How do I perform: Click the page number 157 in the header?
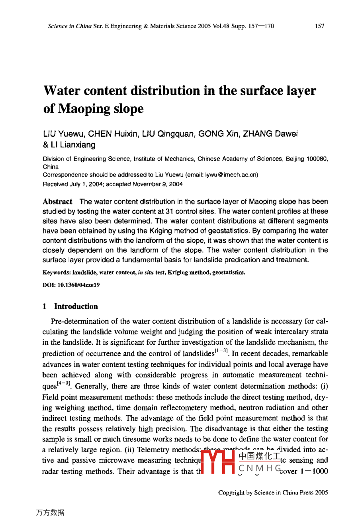(319, 26)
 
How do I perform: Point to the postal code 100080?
(317, 159)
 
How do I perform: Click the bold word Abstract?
(57, 202)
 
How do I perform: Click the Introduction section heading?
(76, 306)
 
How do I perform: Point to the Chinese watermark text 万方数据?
(50, 513)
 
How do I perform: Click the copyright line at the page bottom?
(273, 493)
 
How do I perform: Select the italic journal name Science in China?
(70, 26)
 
